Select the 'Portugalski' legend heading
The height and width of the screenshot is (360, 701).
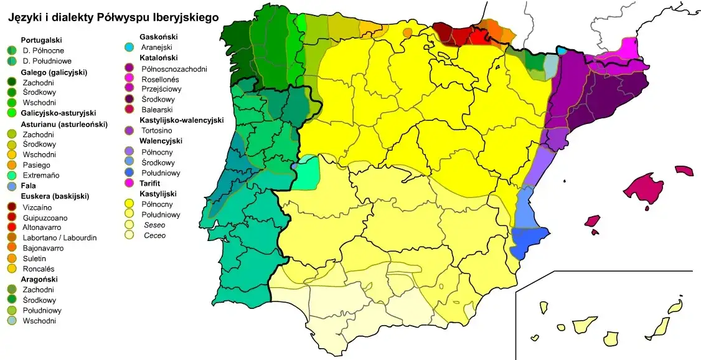[x=41, y=40]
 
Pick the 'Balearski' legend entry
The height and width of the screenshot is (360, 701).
[x=157, y=110]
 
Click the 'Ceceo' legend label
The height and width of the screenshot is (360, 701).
[x=154, y=235]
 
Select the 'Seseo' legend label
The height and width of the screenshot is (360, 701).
[x=155, y=225]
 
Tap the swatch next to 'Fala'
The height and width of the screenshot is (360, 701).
[x=11, y=186]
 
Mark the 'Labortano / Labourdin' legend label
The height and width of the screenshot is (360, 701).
[x=59, y=238]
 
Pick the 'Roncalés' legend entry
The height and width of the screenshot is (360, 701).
[x=39, y=268]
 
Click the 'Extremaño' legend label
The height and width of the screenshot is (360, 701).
[x=41, y=176]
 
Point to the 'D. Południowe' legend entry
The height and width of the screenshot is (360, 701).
[x=47, y=61]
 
